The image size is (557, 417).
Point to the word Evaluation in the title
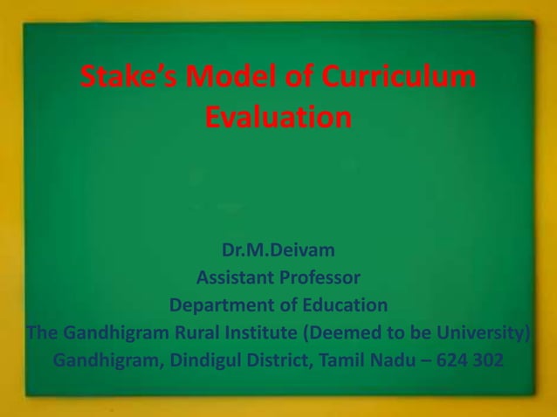278,117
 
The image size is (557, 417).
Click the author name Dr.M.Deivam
278,253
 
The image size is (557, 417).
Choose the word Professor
319,279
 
